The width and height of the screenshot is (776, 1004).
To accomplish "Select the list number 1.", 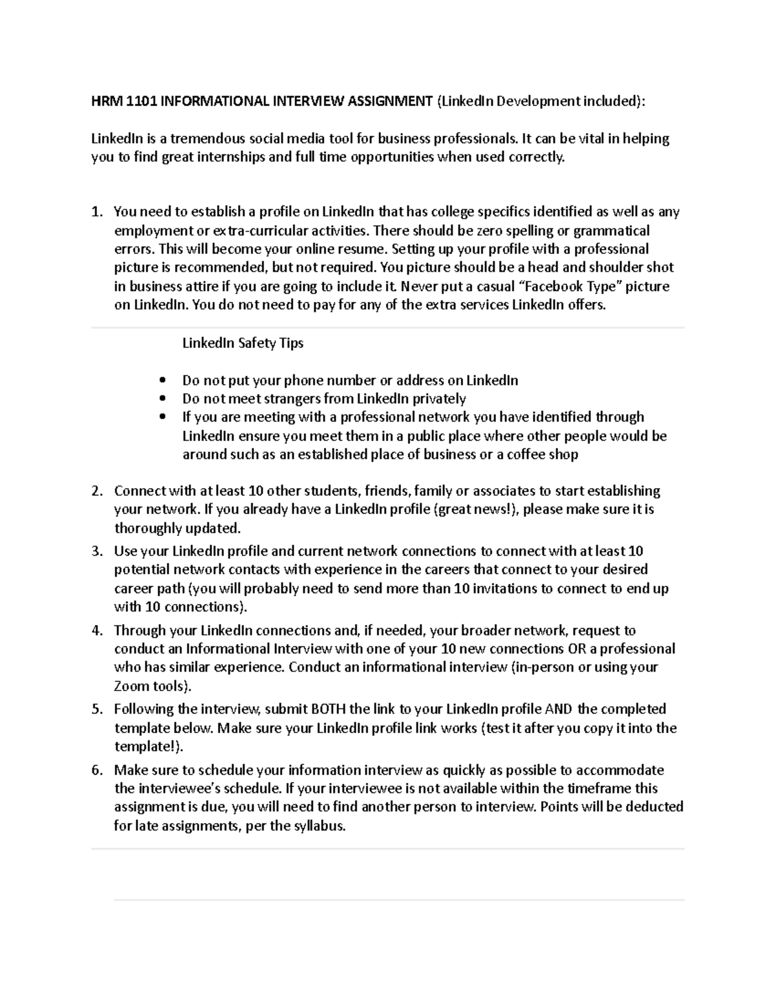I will coord(96,212).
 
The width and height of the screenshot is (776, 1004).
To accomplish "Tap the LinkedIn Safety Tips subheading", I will coord(242,343).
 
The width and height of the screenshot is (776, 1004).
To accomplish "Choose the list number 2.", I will coord(96,491).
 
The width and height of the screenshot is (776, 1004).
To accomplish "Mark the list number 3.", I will coord(96,551).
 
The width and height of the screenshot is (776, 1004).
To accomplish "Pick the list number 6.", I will coord(96,770).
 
